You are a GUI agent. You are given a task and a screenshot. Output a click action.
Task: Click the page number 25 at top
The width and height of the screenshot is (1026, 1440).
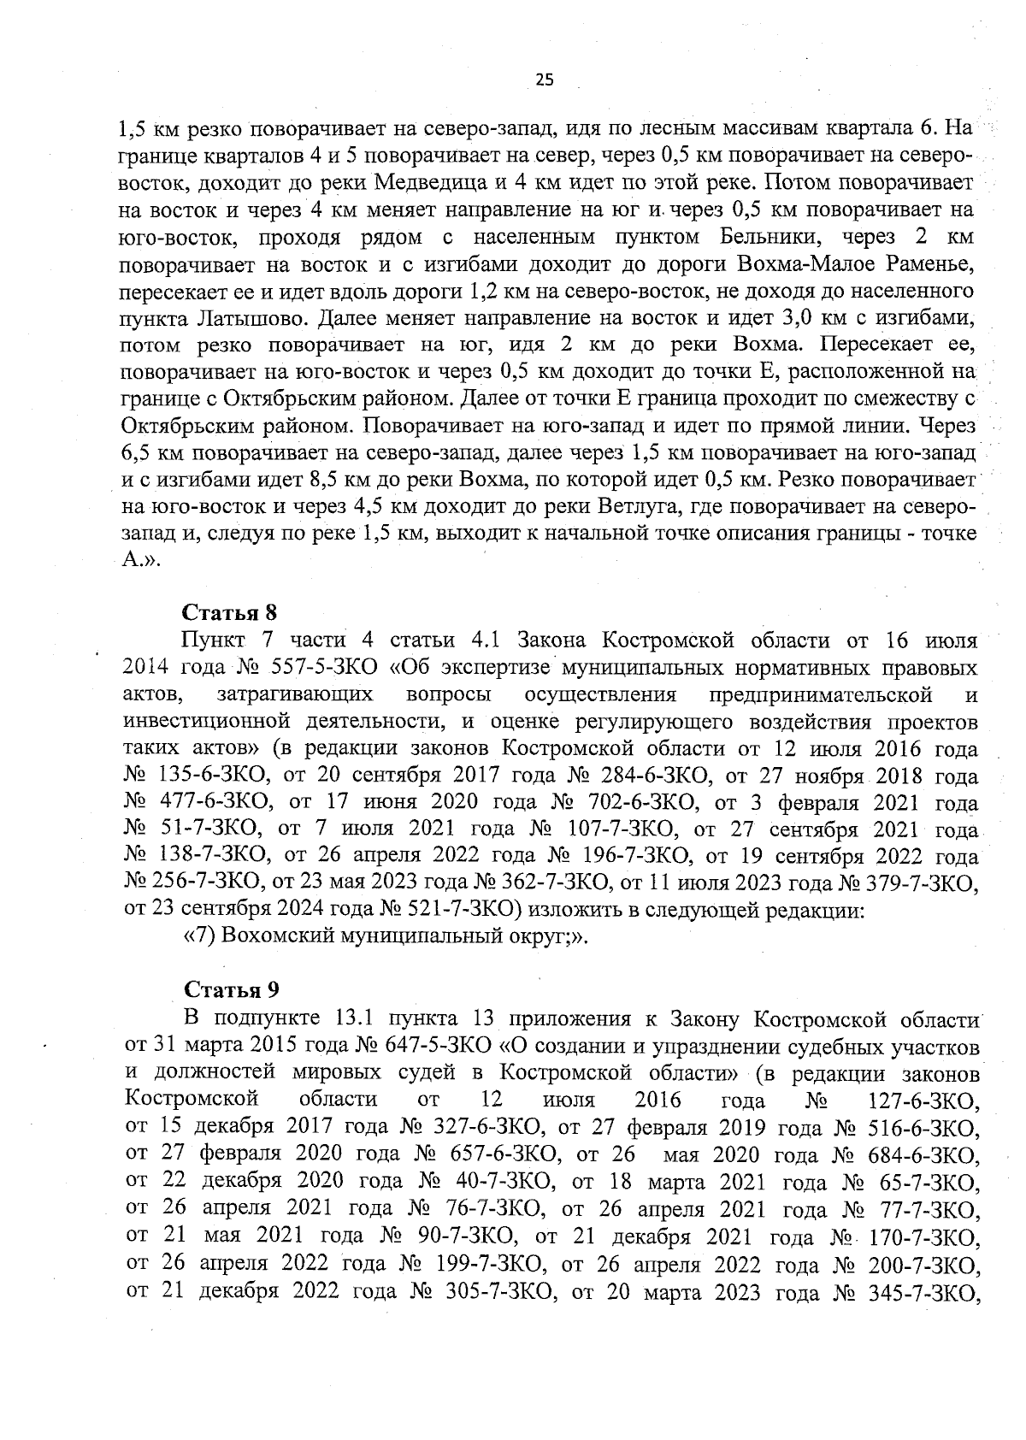(545, 80)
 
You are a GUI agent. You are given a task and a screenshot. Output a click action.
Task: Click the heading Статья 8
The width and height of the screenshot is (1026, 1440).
(232, 613)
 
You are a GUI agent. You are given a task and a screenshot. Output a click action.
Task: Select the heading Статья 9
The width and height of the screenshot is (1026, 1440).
(232, 990)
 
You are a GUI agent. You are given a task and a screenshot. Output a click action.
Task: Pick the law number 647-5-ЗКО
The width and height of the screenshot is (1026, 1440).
(436, 1046)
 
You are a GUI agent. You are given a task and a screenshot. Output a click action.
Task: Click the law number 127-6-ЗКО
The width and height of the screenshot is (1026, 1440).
(923, 1101)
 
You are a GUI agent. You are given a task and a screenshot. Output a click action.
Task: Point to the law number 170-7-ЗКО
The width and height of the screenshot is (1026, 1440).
(923, 1236)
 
